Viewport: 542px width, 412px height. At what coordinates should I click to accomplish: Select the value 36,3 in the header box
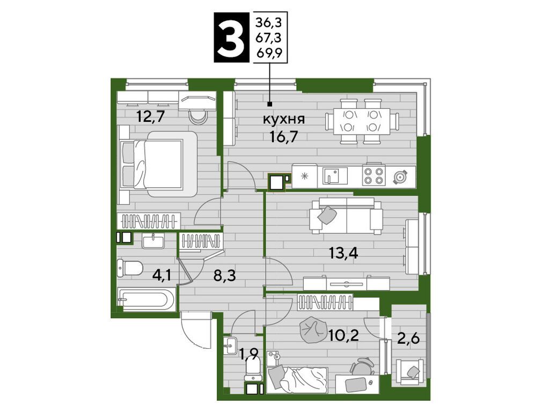[x=272, y=22]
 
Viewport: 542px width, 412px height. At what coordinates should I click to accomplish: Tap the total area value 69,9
[x=272, y=51]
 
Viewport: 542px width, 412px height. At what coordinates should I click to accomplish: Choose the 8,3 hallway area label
[x=224, y=276]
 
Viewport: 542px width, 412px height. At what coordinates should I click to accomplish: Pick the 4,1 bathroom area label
[x=163, y=276]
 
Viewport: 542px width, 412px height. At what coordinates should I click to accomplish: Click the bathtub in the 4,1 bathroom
[x=146, y=300]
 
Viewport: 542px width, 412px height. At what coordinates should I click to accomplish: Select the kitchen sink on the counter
[x=335, y=175]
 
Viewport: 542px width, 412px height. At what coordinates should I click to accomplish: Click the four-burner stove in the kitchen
[x=374, y=175]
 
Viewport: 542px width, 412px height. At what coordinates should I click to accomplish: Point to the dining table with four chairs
[x=362, y=121]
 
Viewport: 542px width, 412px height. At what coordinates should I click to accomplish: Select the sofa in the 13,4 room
[x=346, y=216]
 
